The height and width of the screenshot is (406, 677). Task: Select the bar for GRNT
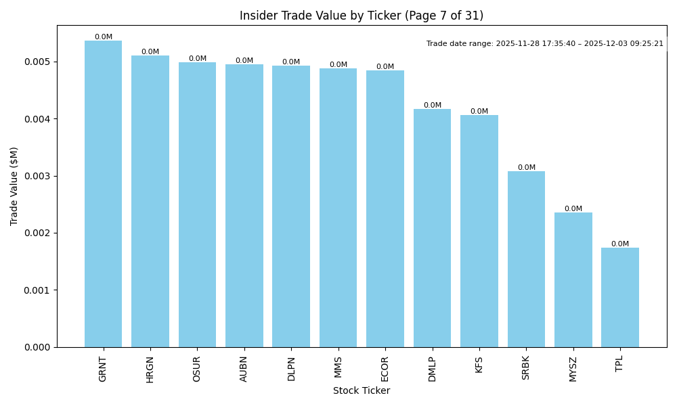point(103,194)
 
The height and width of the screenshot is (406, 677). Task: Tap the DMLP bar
point(432,228)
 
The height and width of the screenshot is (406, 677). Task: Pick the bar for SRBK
point(526,259)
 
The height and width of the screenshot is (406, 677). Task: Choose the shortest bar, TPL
point(620,298)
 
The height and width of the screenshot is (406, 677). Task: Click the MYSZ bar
point(573,280)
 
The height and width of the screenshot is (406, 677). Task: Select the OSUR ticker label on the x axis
point(197,369)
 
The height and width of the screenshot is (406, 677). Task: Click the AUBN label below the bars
point(244,369)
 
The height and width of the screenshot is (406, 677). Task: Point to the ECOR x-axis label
point(385,369)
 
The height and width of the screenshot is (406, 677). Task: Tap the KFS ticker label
point(479,365)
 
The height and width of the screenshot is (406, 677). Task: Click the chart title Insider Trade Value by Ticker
point(362,16)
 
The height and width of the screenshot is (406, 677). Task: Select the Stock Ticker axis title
point(362,390)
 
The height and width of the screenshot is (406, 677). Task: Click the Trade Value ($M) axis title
point(14,186)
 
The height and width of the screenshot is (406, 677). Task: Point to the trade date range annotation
point(545,44)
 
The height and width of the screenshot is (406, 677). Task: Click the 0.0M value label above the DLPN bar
point(291,62)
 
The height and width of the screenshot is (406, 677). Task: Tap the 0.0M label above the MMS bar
point(338,65)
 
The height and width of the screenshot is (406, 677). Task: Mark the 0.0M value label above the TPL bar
point(620,244)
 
